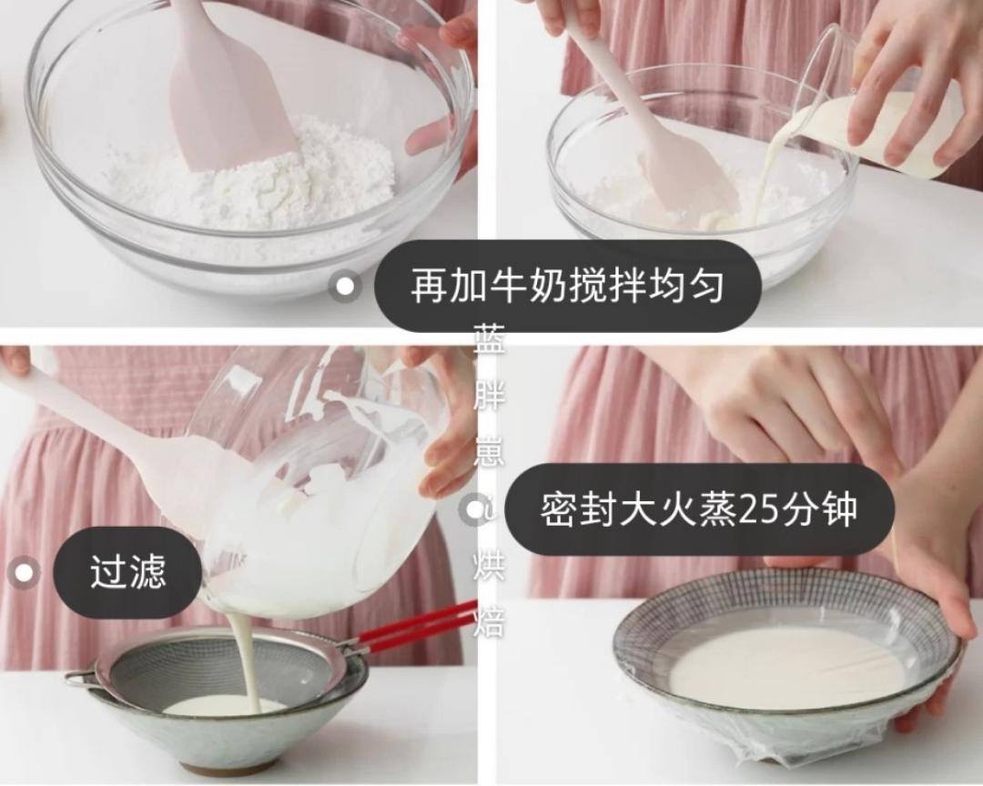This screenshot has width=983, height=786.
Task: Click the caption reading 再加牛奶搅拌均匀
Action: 567,287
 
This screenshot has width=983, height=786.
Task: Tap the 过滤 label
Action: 127,573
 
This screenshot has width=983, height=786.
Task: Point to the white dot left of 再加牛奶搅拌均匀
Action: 345,287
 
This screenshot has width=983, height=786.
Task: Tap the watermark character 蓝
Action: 488,341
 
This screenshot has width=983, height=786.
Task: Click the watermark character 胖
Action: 488,397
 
